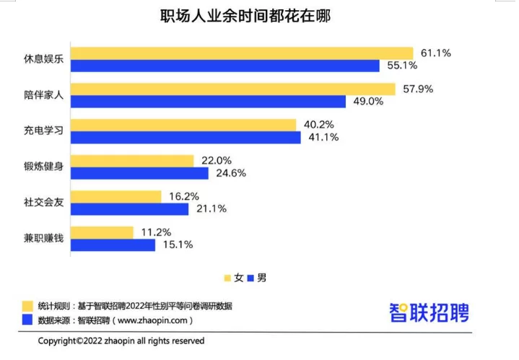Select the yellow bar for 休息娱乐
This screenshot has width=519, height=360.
(243, 53)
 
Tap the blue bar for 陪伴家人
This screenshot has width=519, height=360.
(210, 102)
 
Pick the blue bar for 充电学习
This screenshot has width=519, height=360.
(187, 137)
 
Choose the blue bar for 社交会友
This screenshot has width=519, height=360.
(131, 209)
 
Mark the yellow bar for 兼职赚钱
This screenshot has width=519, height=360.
(103, 232)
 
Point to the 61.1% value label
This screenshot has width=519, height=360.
(435, 53)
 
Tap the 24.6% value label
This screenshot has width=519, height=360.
(230, 173)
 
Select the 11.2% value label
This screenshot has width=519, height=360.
(155, 232)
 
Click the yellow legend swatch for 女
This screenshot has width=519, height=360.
(227, 278)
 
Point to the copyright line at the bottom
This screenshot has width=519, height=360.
(121, 341)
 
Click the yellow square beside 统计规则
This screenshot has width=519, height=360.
(28, 305)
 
